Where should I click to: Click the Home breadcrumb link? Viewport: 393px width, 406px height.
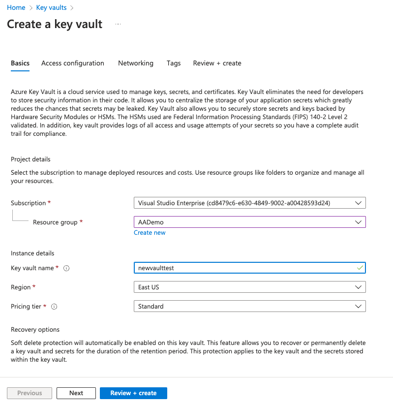[x=16, y=8]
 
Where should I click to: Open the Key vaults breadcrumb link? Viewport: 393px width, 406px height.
[x=52, y=8]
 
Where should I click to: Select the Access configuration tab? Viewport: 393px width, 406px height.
[x=73, y=63]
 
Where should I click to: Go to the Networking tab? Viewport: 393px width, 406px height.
[x=136, y=63]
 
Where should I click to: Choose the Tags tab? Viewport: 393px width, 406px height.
[x=174, y=63]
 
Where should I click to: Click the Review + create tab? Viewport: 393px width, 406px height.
[x=217, y=63]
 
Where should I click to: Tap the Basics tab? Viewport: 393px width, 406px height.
[x=20, y=63]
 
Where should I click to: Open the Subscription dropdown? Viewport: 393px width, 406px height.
[x=249, y=203]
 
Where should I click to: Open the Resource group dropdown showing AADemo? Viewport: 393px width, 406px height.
[x=249, y=222]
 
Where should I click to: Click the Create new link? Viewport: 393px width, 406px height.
[x=150, y=233]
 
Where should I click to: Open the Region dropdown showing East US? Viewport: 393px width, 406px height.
[x=249, y=287]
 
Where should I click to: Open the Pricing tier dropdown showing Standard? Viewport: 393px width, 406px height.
[x=249, y=306]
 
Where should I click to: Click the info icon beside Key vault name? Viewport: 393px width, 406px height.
[x=66, y=268]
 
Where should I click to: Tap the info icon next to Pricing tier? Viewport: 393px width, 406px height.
[x=54, y=307]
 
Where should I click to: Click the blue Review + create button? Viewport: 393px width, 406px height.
[x=133, y=393]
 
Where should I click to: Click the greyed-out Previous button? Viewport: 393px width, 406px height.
[x=30, y=393]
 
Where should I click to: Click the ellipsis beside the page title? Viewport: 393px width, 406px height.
[x=118, y=24]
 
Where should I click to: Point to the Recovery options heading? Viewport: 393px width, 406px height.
[x=35, y=329]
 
